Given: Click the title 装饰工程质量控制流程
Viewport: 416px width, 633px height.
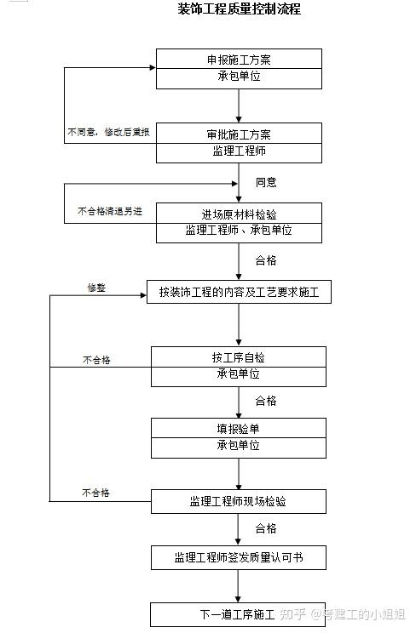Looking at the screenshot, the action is (x=240, y=9).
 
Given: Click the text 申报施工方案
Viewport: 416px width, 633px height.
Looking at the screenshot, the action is (x=239, y=60).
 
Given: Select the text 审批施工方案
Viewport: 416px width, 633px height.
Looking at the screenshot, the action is (x=239, y=134).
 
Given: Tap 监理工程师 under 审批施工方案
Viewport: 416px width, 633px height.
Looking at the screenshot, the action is (x=240, y=151).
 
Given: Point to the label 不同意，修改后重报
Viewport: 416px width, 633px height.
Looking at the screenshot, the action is (x=108, y=132).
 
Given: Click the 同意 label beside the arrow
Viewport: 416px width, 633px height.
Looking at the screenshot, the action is (x=266, y=182).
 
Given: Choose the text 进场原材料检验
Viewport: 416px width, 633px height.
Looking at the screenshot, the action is (x=239, y=214).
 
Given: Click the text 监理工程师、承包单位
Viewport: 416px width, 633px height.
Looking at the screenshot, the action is (x=239, y=230).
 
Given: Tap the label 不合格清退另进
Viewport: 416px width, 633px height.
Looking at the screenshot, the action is (x=110, y=211).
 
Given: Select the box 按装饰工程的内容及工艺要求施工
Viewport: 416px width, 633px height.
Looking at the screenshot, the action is (x=239, y=292).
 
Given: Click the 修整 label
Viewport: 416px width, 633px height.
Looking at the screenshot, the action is (x=96, y=288).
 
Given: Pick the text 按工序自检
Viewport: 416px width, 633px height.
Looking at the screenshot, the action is (x=239, y=357).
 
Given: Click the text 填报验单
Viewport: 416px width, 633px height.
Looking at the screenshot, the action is (x=239, y=429).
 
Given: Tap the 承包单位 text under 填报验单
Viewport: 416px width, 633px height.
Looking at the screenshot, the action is (x=239, y=445).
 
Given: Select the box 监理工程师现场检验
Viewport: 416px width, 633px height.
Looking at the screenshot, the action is (x=239, y=501).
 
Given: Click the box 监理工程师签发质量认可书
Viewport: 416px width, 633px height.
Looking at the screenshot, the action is (x=239, y=557).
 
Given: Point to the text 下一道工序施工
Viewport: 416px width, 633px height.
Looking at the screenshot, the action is (x=238, y=614).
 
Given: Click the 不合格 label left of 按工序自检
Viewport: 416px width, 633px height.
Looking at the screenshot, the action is (x=96, y=360).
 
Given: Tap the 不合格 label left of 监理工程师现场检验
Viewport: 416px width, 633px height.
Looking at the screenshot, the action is (x=96, y=493).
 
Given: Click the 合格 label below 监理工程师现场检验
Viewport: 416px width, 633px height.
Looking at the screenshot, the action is (x=266, y=528).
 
